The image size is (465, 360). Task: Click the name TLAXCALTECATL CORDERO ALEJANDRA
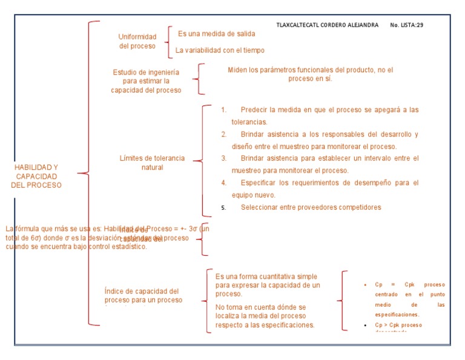click(x=327, y=25)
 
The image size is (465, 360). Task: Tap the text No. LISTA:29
click(x=407, y=25)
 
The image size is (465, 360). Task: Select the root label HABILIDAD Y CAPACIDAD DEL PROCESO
click(x=36, y=176)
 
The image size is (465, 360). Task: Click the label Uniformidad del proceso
click(x=137, y=41)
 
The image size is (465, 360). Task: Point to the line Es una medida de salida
click(x=216, y=33)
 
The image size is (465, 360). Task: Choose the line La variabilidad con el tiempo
click(x=219, y=50)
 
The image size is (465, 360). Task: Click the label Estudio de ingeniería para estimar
click(x=146, y=81)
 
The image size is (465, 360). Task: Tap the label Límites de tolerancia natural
click(x=152, y=162)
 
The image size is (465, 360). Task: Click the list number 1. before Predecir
click(x=223, y=110)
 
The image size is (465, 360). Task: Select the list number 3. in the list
click(x=223, y=158)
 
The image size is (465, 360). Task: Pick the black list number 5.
click(x=223, y=207)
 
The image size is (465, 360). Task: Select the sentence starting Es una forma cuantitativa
click(x=268, y=285)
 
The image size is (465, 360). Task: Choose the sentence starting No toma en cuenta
click(x=265, y=316)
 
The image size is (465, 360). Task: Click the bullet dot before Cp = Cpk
click(x=365, y=285)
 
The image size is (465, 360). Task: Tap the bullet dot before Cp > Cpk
click(x=365, y=325)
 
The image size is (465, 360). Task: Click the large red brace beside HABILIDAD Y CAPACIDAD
click(x=90, y=173)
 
